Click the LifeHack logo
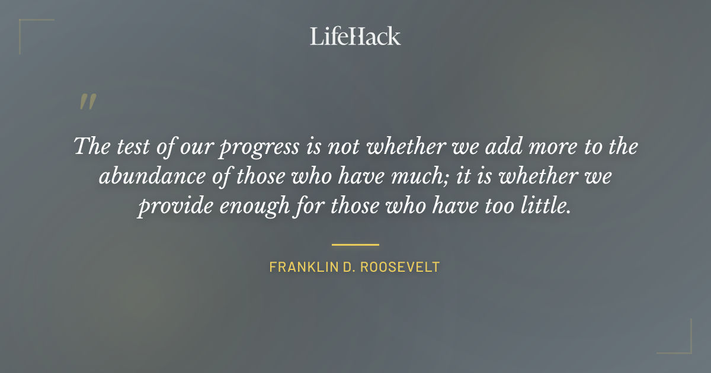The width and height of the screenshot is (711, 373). click(355, 36)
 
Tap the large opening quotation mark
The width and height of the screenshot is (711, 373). click(87, 102)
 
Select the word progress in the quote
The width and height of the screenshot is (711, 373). click(258, 147)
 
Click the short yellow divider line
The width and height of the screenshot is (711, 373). click(355, 244)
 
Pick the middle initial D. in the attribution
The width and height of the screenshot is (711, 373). click(346, 267)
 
